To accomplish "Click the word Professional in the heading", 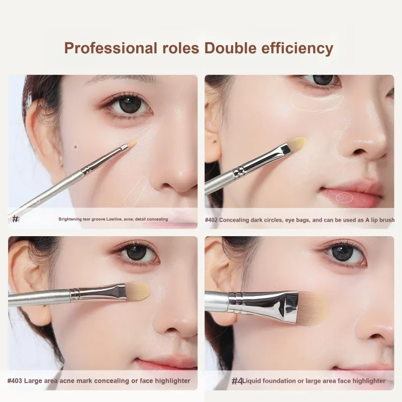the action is [x=111, y=48].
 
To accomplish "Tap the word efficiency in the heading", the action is [x=297, y=48].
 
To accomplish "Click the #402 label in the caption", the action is [x=211, y=220].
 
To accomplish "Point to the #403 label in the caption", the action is [x=15, y=381].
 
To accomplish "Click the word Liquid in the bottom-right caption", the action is [x=252, y=381].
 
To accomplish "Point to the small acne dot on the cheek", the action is [x=75, y=147].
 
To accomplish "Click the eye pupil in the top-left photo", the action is [x=130, y=104].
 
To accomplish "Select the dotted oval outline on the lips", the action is [x=345, y=197].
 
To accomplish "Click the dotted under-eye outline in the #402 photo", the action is [x=317, y=103].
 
